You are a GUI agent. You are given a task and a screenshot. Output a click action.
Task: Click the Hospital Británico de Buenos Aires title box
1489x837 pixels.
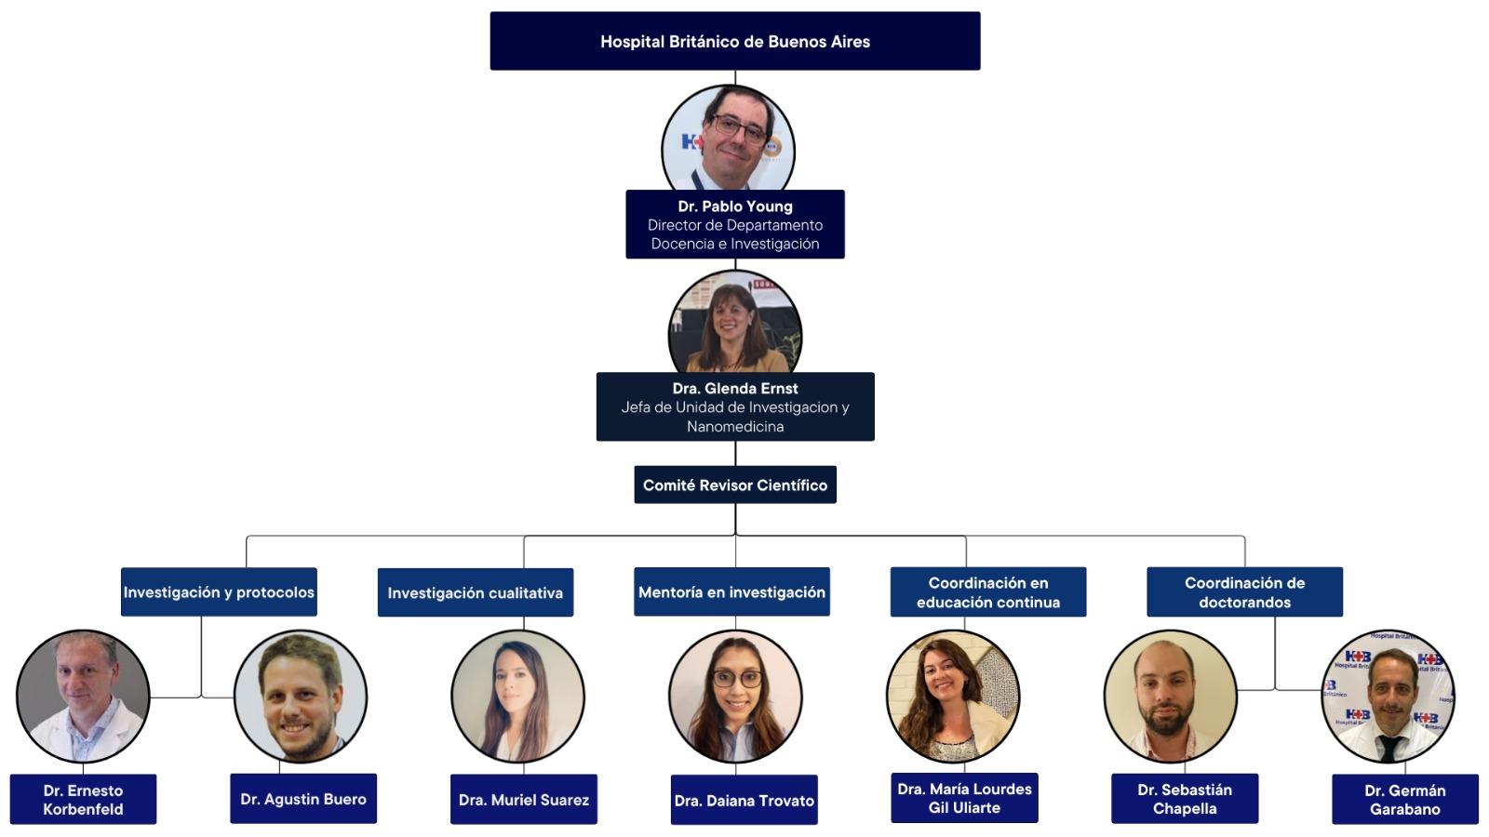(x=735, y=41)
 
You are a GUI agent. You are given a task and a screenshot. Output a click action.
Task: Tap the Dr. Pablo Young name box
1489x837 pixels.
(x=735, y=224)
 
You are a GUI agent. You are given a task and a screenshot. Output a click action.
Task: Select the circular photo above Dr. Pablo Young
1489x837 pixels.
(x=729, y=139)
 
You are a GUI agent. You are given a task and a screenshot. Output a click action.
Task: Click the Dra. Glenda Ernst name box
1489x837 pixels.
(x=735, y=406)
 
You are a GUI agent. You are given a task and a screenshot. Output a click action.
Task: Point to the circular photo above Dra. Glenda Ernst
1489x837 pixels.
(x=735, y=324)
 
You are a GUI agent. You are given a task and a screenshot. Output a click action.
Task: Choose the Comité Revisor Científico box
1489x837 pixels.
(x=735, y=485)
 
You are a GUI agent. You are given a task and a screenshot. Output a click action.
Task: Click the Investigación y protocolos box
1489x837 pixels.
(x=219, y=592)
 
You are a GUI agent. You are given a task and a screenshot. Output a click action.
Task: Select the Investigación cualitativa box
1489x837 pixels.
(x=476, y=592)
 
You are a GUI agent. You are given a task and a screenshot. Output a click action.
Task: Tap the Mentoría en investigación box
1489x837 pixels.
(x=731, y=592)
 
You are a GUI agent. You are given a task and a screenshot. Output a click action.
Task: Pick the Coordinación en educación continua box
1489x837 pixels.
(x=988, y=592)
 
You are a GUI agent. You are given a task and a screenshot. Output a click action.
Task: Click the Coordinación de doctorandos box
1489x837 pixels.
(x=1244, y=592)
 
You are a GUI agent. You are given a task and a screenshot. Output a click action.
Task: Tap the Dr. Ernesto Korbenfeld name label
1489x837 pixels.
(x=83, y=800)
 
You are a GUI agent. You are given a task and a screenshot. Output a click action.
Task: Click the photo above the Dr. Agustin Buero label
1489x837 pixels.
(x=301, y=697)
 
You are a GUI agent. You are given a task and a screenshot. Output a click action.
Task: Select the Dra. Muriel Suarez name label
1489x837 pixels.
(x=524, y=800)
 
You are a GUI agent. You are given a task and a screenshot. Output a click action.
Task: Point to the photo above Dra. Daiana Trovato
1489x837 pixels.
(x=736, y=697)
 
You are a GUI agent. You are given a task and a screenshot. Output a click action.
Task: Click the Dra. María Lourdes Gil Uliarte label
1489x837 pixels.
(x=964, y=798)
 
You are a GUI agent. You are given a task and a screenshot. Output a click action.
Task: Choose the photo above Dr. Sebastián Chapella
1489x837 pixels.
(x=1171, y=697)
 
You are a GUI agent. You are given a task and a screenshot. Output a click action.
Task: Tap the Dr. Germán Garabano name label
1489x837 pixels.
(x=1405, y=800)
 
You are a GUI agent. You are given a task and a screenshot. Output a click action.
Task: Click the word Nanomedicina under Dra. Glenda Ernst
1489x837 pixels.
(x=735, y=426)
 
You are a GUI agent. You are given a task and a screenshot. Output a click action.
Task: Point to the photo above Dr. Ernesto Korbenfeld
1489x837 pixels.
(x=83, y=697)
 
